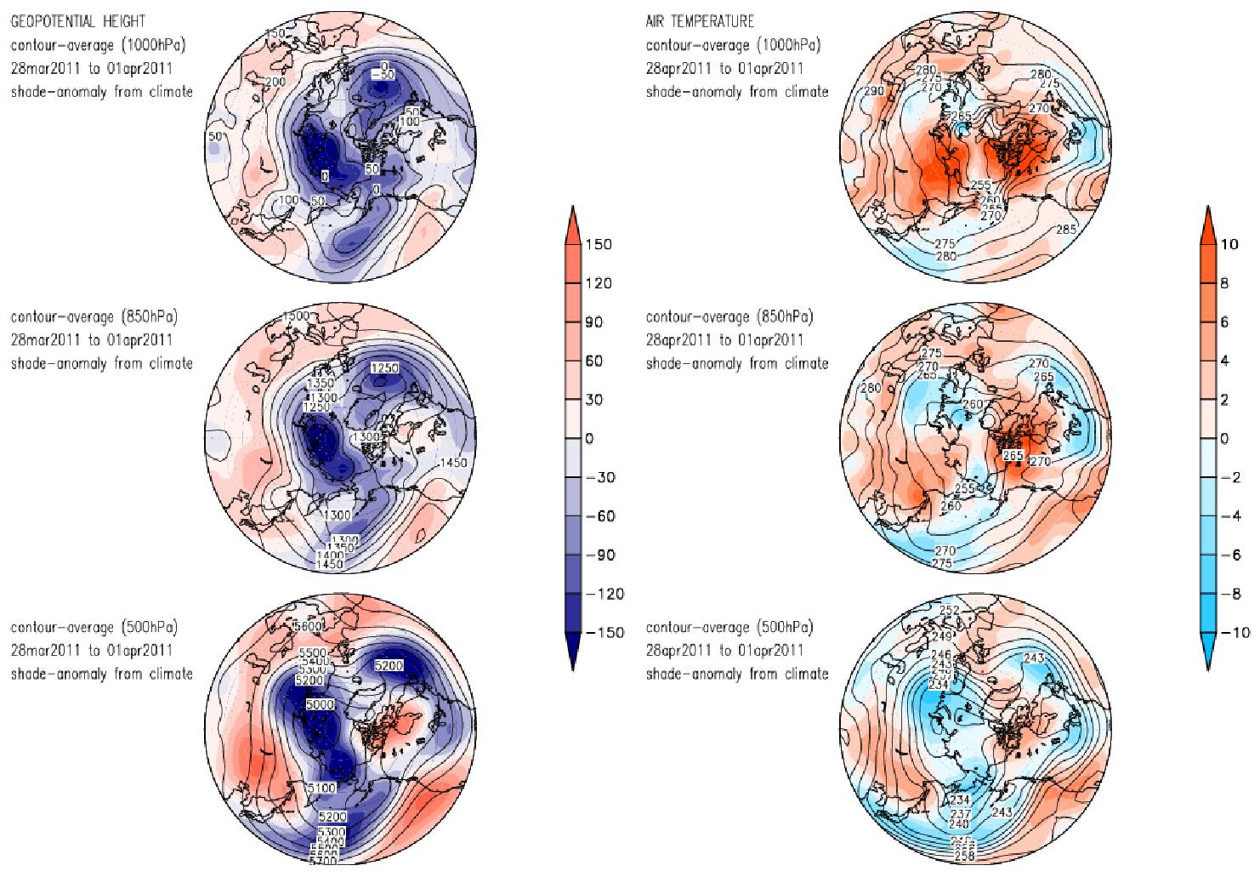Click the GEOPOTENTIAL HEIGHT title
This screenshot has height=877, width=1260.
[77, 21]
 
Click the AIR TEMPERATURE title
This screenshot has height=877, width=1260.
[699, 21]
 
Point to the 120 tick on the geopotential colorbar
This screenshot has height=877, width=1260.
[599, 283]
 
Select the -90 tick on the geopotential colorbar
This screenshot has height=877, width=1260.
[599, 555]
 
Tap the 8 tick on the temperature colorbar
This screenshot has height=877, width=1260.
[1225, 284]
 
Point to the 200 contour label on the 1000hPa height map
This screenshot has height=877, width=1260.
[275, 82]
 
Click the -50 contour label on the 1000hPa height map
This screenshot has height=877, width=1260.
[386, 75]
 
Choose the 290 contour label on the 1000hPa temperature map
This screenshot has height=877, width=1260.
[875, 91]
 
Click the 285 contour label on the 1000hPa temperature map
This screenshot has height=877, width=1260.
[1066, 230]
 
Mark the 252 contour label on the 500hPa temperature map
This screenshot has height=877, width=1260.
[949, 611]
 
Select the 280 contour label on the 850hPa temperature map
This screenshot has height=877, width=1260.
[871, 389]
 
